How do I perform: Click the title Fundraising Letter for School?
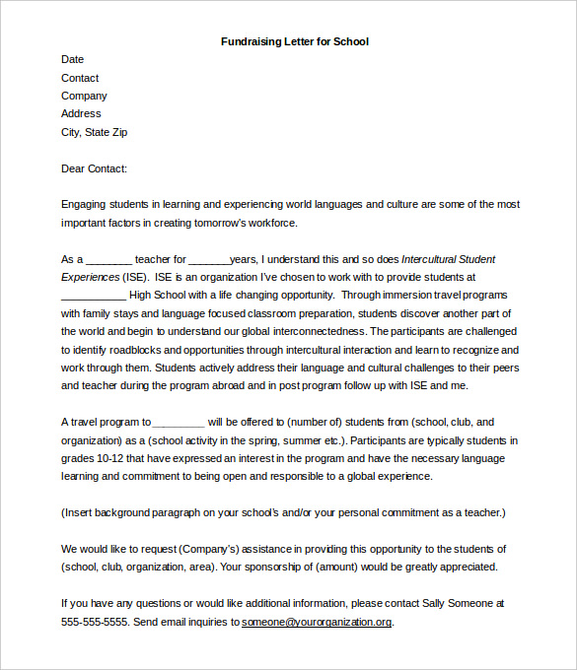tap(295, 41)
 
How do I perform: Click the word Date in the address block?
tap(72, 59)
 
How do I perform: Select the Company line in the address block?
tap(84, 96)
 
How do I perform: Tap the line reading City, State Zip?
tap(95, 132)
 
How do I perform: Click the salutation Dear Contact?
tap(94, 168)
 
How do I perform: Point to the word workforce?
tap(285, 223)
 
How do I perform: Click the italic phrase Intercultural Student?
tap(449, 259)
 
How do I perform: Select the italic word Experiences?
tap(91, 277)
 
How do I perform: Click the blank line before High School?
tap(93, 296)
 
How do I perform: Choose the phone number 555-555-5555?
tap(94, 622)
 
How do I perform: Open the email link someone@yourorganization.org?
tap(317, 622)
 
